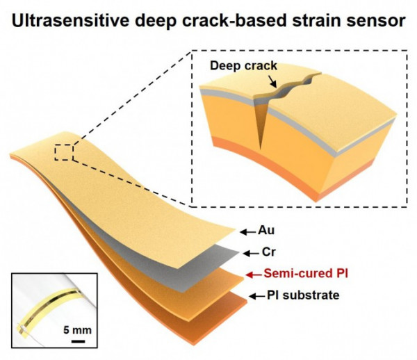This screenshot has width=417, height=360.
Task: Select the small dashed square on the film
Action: [x=64, y=152]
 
